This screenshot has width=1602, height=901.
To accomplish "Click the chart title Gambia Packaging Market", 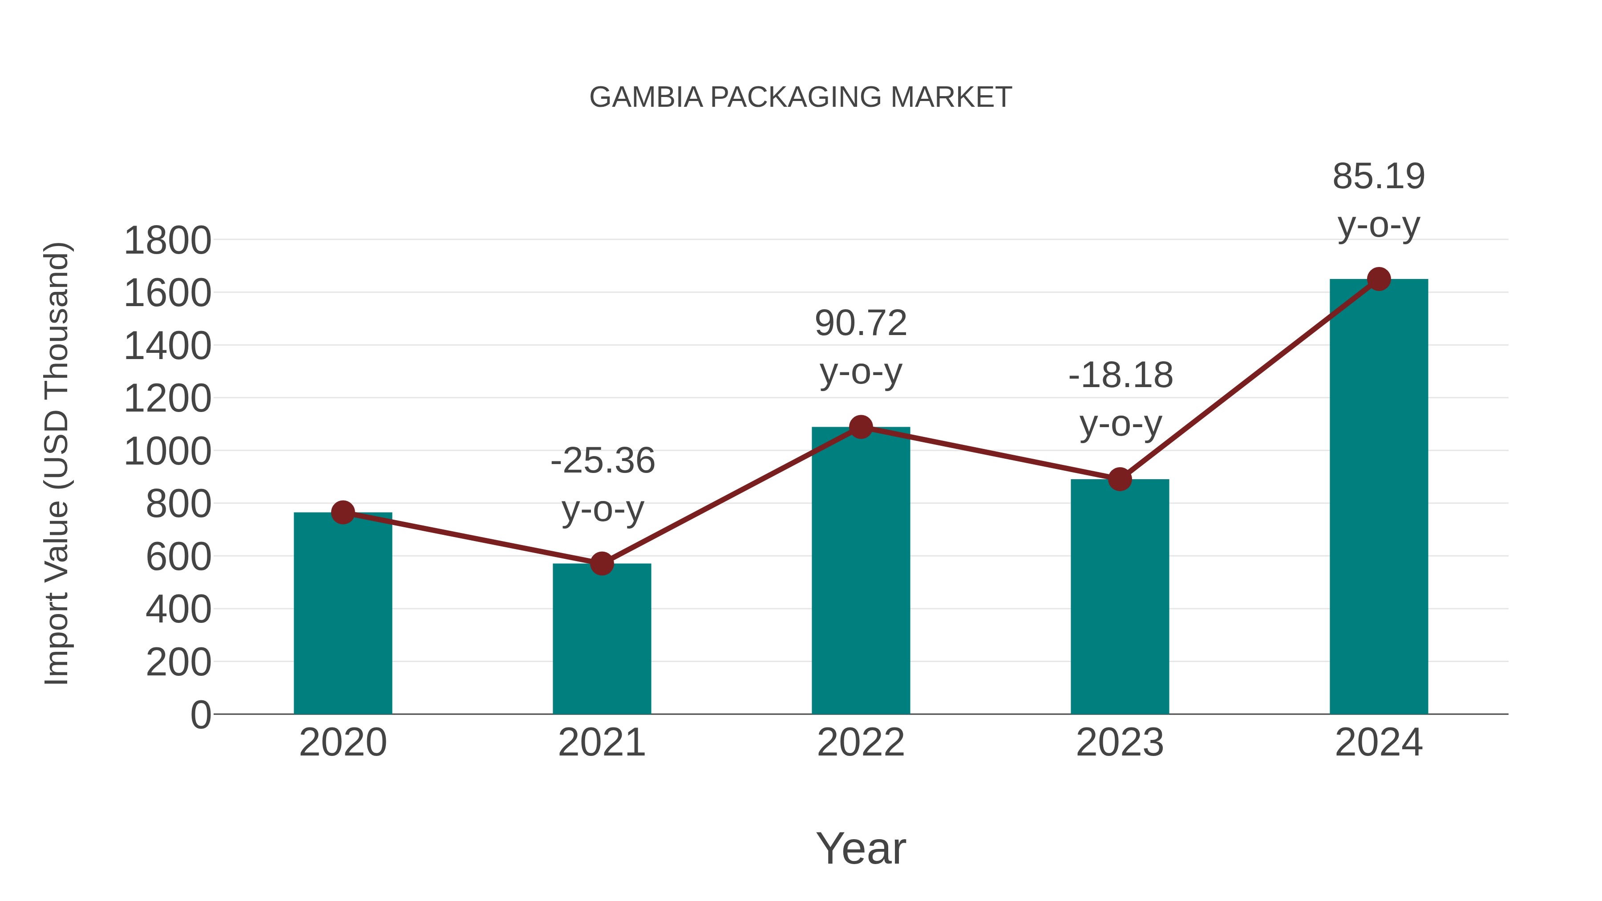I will pyautogui.click(x=801, y=97).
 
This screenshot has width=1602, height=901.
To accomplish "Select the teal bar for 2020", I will pyautogui.click(x=343, y=616).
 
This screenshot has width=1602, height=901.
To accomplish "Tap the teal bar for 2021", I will pyautogui.click(x=601, y=640).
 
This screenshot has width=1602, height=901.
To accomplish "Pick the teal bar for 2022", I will pyautogui.click(x=860, y=572).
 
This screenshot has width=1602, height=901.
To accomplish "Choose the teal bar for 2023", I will pyautogui.click(x=1120, y=597).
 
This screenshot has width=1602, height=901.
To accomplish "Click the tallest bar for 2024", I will pyautogui.click(x=1379, y=497).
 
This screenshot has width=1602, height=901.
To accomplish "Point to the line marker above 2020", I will pyautogui.click(x=343, y=513).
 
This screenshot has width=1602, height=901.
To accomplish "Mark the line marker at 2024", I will pyautogui.click(x=1379, y=279).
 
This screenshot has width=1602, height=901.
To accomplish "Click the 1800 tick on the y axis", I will pyautogui.click(x=167, y=241).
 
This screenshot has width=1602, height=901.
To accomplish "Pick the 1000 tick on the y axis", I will pyautogui.click(x=167, y=452).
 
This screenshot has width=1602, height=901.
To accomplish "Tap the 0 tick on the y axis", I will pyautogui.click(x=200, y=715).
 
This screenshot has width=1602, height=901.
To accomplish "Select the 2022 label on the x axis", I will pyautogui.click(x=860, y=743).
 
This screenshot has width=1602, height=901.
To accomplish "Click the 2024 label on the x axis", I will pyautogui.click(x=1379, y=743).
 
